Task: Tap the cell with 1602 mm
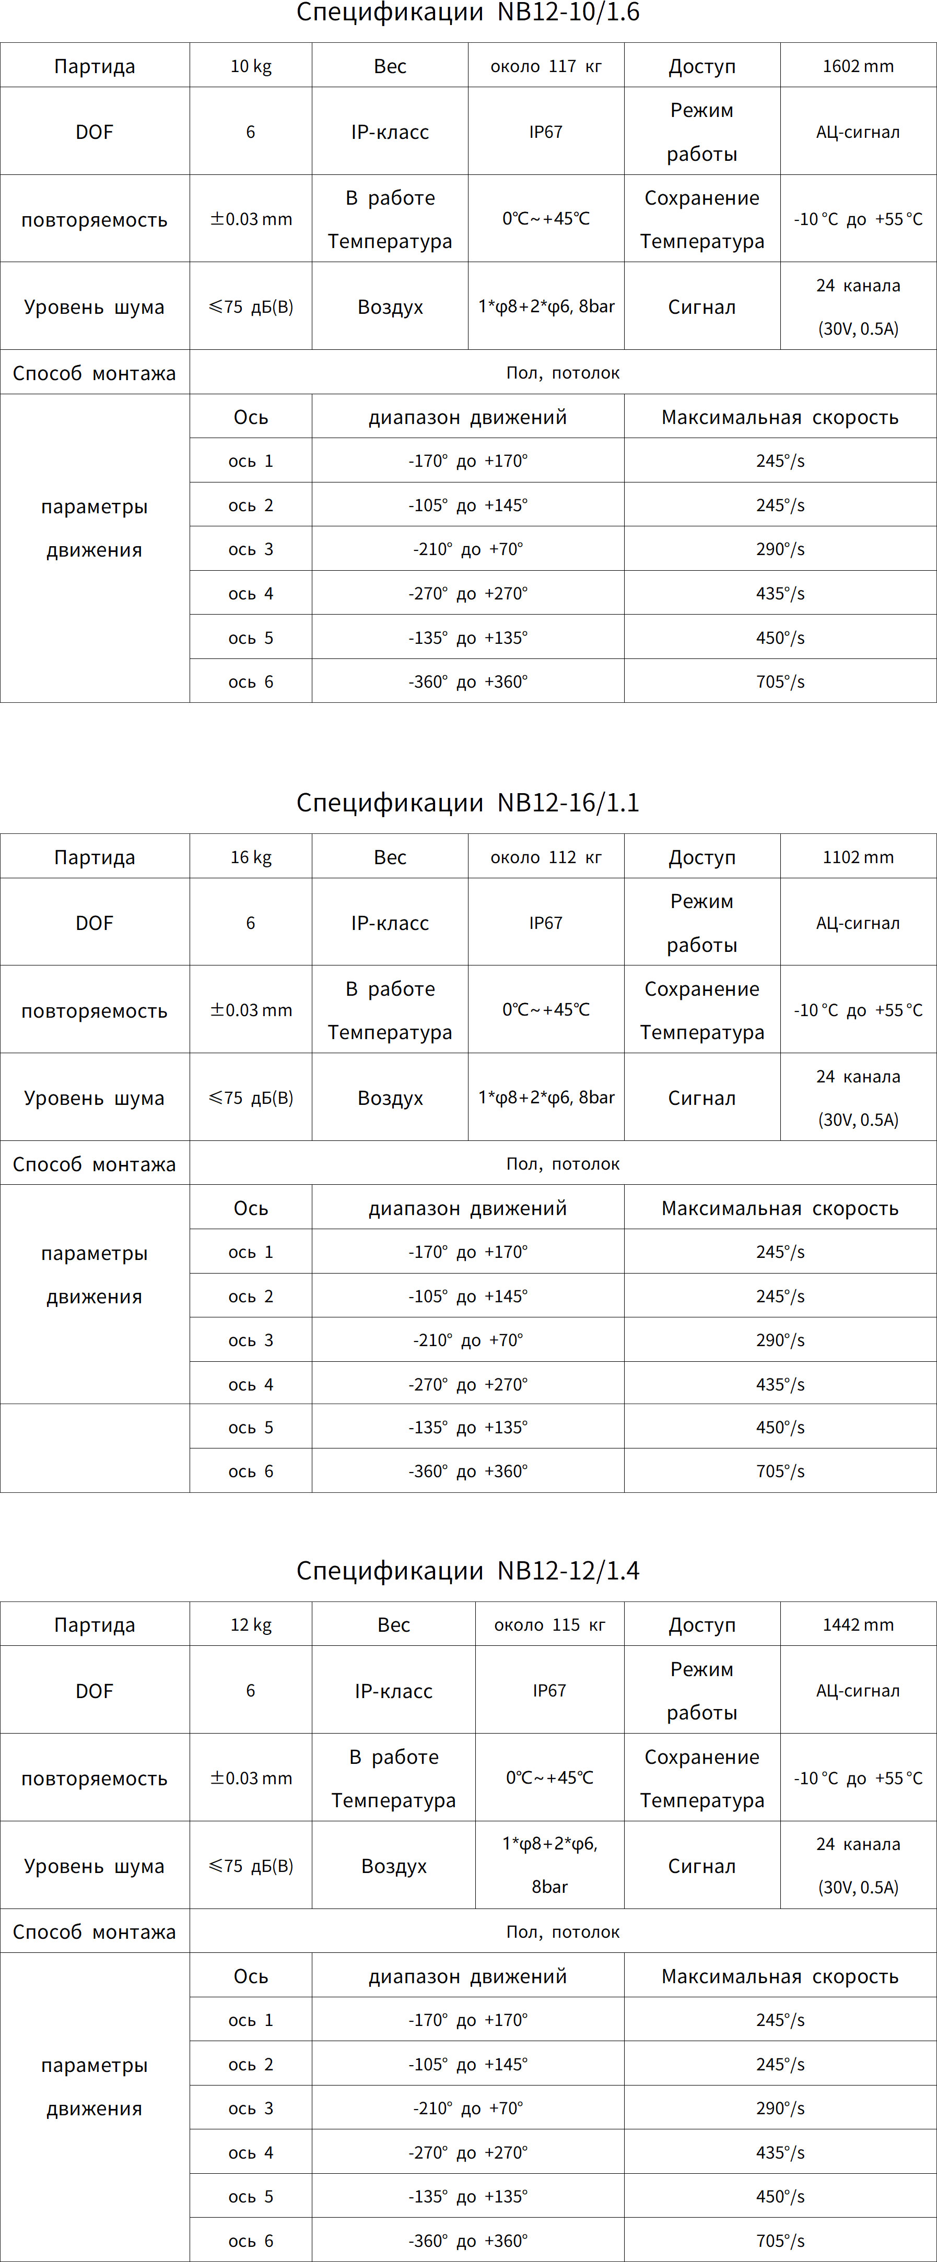(858, 66)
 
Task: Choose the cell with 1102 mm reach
(858, 857)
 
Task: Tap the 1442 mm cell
(858, 1624)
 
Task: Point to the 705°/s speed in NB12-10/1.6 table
(780, 681)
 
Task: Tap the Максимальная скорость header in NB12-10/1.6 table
(780, 417)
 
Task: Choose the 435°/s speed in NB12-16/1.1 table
(780, 1384)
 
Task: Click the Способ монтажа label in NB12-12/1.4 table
(94, 1932)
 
